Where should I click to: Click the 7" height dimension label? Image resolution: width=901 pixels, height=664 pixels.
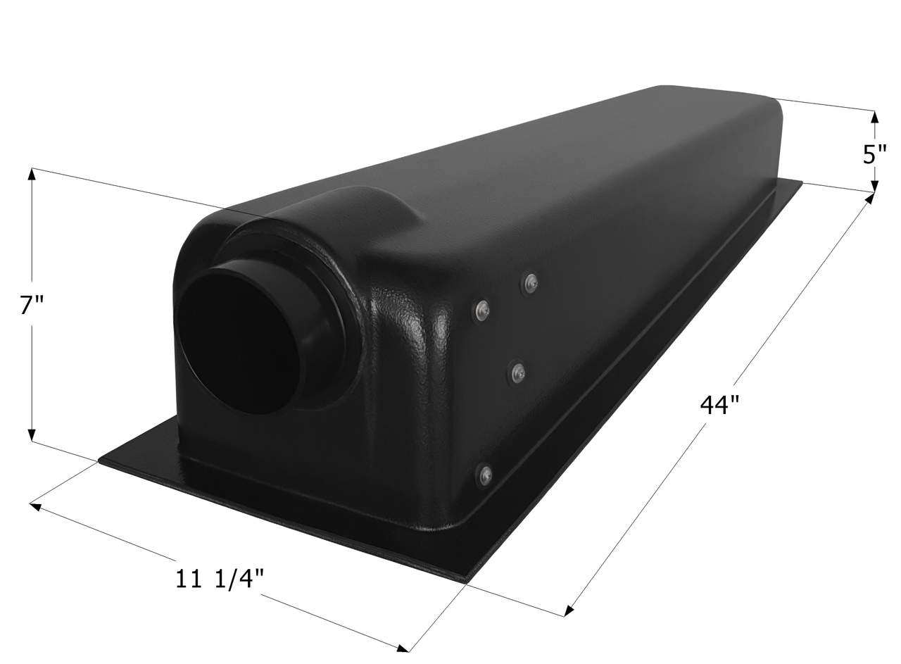click(31, 306)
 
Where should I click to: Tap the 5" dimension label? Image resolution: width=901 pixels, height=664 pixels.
click(874, 153)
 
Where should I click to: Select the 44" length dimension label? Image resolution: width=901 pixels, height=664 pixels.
click(719, 405)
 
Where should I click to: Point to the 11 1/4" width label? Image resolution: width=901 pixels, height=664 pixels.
click(219, 579)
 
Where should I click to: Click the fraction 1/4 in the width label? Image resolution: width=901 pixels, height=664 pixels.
click(237, 579)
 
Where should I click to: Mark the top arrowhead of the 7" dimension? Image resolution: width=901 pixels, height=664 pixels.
click(32, 173)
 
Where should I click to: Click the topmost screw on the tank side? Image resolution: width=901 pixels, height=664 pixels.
click(531, 282)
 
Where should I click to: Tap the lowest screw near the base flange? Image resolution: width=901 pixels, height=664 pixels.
click(484, 475)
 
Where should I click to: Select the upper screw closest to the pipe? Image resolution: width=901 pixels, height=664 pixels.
click(481, 310)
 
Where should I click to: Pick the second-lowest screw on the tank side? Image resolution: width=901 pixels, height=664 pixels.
click(517, 372)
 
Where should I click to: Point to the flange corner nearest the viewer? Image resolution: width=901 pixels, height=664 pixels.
click(465, 581)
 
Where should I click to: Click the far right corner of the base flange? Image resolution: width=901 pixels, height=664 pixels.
click(800, 182)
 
